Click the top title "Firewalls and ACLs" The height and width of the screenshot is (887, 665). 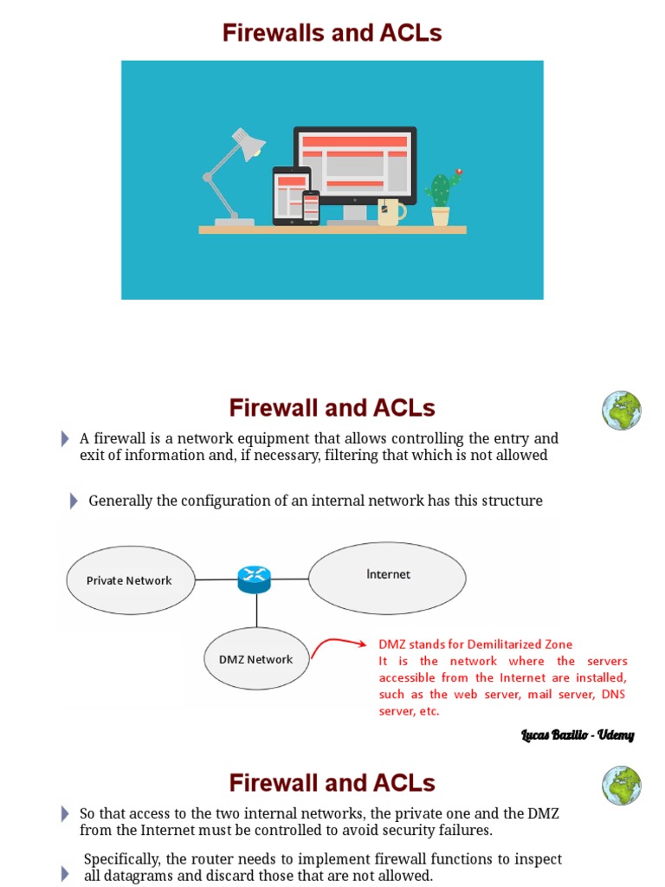332,33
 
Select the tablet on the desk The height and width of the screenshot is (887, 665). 291,195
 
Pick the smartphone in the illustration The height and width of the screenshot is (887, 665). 311,207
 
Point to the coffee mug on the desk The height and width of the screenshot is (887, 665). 389,211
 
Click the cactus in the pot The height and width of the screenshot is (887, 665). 442,190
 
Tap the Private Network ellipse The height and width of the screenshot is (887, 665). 130,580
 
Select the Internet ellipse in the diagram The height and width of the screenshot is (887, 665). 387,575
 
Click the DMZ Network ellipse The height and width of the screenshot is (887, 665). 256,659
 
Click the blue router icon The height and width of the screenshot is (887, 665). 255,579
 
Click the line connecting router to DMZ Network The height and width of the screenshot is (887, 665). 255,611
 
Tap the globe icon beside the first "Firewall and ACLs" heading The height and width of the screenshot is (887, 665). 622,411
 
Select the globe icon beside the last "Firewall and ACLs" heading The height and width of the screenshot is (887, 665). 622,785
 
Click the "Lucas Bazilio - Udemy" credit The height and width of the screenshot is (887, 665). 578,735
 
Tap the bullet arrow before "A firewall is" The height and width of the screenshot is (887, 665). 65,439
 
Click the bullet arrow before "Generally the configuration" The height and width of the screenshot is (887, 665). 74,502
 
